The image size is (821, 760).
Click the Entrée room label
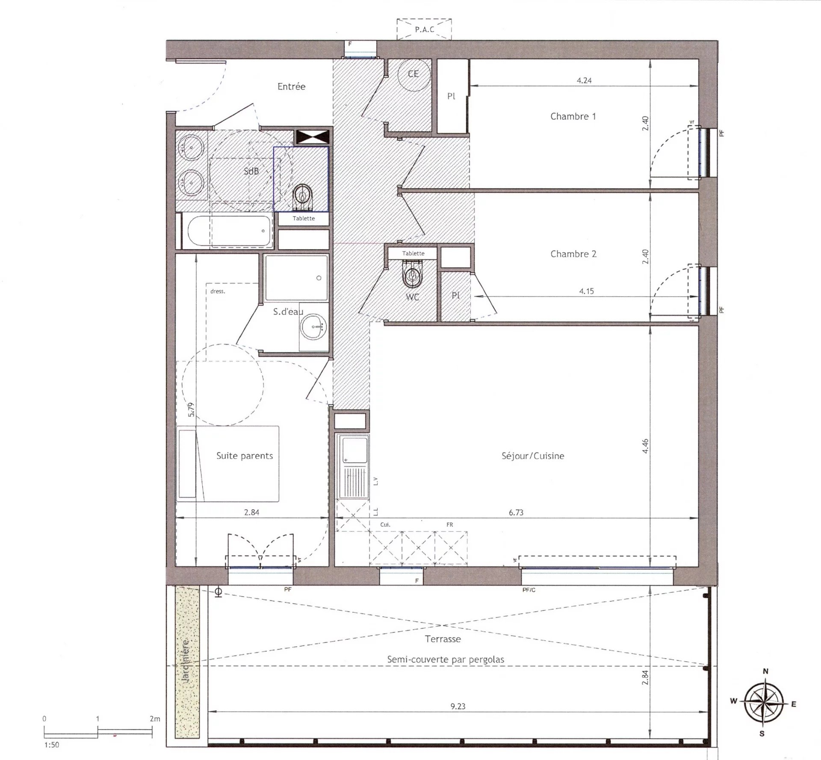click(x=291, y=86)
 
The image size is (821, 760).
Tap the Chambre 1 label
click(x=573, y=116)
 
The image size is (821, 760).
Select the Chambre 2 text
click(x=573, y=254)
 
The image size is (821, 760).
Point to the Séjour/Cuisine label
click(x=533, y=456)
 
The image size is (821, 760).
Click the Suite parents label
click(x=245, y=456)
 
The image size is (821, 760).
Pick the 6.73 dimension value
click(x=516, y=512)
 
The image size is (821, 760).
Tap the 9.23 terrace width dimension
click(x=458, y=706)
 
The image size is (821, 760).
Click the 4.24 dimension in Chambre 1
click(x=584, y=80)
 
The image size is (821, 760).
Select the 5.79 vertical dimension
click(x=192, y=410)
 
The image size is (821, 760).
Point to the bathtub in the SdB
click(x=230, y=232)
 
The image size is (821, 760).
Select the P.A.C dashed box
click(x=424, y=29)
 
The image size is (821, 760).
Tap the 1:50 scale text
click(x=51, y=745)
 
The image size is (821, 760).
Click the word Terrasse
click(x=443, y=639)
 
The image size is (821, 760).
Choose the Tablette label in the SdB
click(x=304, y=218)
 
